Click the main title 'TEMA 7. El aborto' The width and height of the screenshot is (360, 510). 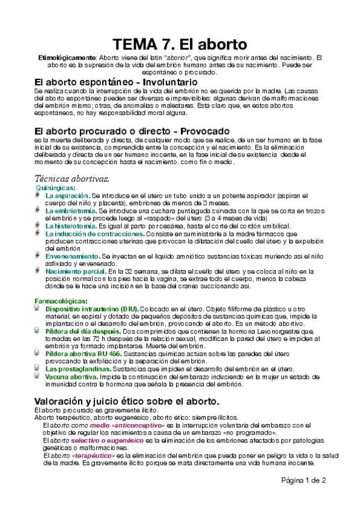tap(180, 45)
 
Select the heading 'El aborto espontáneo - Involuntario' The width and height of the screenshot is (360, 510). tap(116, 81)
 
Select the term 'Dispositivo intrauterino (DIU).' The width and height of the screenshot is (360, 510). tap(92, 308)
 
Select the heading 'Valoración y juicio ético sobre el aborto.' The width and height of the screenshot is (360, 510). tap(127, 401)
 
